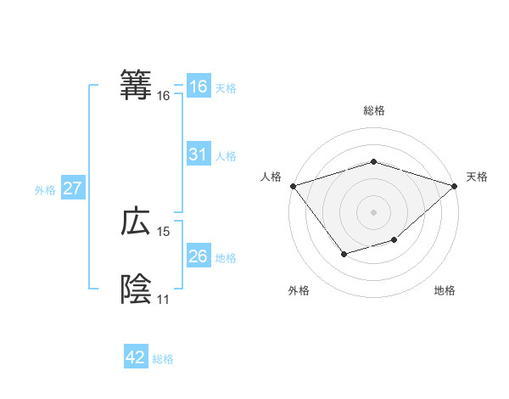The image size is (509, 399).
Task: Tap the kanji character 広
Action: pos(137,222)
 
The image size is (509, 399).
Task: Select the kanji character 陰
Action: pos(137,289)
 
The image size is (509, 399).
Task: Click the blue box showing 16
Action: pos(198,87)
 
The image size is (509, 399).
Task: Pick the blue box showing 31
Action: pos(198,155)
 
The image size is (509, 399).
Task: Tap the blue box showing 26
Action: pos(198,256)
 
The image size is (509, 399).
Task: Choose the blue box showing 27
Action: pos(72,188)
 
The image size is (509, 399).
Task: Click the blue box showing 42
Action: pos(136,357)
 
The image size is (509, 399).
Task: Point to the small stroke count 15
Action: pos(164,232)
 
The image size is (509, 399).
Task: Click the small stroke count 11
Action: pos(163,300)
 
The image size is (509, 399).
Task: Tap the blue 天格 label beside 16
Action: pos(226,87)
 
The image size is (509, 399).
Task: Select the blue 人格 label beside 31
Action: pos(226,155)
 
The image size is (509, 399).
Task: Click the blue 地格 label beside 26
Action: pos(226,257)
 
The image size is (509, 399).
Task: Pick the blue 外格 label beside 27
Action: pos(45,190)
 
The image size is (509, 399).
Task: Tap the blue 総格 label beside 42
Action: pos(163,359)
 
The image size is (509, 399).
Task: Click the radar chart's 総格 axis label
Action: pos(373,110)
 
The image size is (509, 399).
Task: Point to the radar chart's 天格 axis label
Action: pos(477,177)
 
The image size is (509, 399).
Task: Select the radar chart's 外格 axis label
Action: pos(299,290)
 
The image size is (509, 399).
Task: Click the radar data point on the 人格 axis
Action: pos(293,186)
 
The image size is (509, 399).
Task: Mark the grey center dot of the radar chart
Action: pos(373,211)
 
